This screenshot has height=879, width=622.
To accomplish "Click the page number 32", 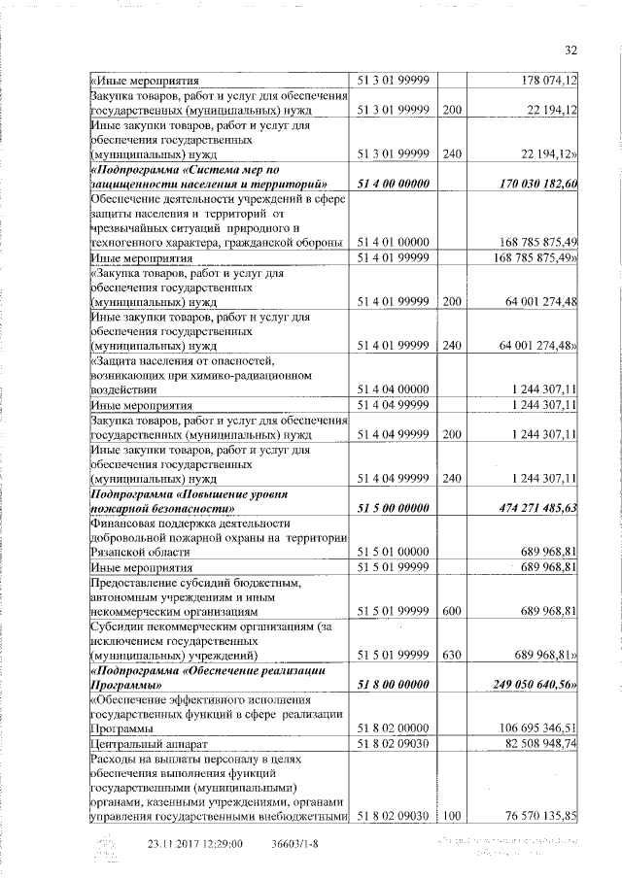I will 570,51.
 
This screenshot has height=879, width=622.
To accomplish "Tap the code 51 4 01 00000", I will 394,242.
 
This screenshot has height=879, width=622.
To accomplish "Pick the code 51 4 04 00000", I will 394,389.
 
